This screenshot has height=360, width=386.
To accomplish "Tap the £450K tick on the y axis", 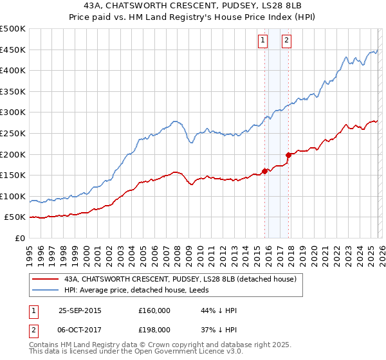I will [x=13, y=50].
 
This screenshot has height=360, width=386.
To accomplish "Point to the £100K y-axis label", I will [x=13, y=196].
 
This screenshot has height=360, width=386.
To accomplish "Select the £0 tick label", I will [x=21, y=239].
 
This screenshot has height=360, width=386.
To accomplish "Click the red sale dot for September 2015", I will [x=264, y=171].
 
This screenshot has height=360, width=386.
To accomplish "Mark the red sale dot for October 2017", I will [x=288, y=155].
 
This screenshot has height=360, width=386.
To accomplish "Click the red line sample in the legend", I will [x=45, y=280].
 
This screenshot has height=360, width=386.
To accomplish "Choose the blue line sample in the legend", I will [x=45, y=291].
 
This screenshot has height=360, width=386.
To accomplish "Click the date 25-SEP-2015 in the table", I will [x=80, y=311].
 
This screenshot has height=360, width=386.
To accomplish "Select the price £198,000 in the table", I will [x=154, y=329].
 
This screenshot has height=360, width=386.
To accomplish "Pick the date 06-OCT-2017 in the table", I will [x=80, y=329].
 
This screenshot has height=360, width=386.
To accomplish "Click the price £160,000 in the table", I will [x=154, y=311].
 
